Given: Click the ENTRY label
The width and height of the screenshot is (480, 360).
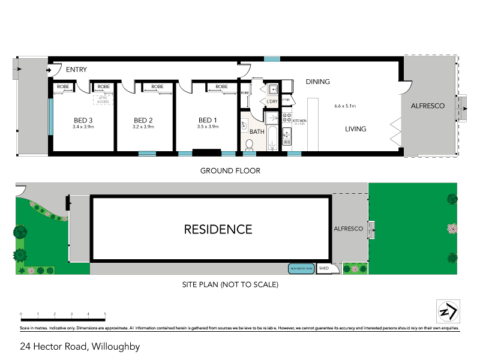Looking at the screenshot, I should coord(77,70).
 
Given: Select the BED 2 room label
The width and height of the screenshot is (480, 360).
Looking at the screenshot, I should coord(143,119).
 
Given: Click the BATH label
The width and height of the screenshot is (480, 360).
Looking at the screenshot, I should coord(257,131).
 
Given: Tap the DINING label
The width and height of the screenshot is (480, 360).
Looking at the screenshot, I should coord(318,82).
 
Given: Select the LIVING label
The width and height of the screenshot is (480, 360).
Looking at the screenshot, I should coord(355,129).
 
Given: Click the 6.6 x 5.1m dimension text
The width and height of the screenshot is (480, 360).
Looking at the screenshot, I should coord(345,106).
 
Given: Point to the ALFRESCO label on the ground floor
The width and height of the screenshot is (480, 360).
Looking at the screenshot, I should coord(427,106).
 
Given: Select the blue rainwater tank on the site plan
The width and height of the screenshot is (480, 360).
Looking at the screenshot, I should coord(301,268).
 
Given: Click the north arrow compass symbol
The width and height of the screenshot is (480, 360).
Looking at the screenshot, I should coord(448,312).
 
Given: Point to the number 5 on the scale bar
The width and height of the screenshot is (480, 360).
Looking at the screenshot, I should coord(105,314).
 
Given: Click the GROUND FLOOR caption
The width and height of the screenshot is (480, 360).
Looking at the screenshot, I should coord(230,171).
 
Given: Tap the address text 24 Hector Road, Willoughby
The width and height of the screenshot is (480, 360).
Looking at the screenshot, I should coord(80,346).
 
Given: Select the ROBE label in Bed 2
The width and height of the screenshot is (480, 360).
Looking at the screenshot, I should coord(157,87).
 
